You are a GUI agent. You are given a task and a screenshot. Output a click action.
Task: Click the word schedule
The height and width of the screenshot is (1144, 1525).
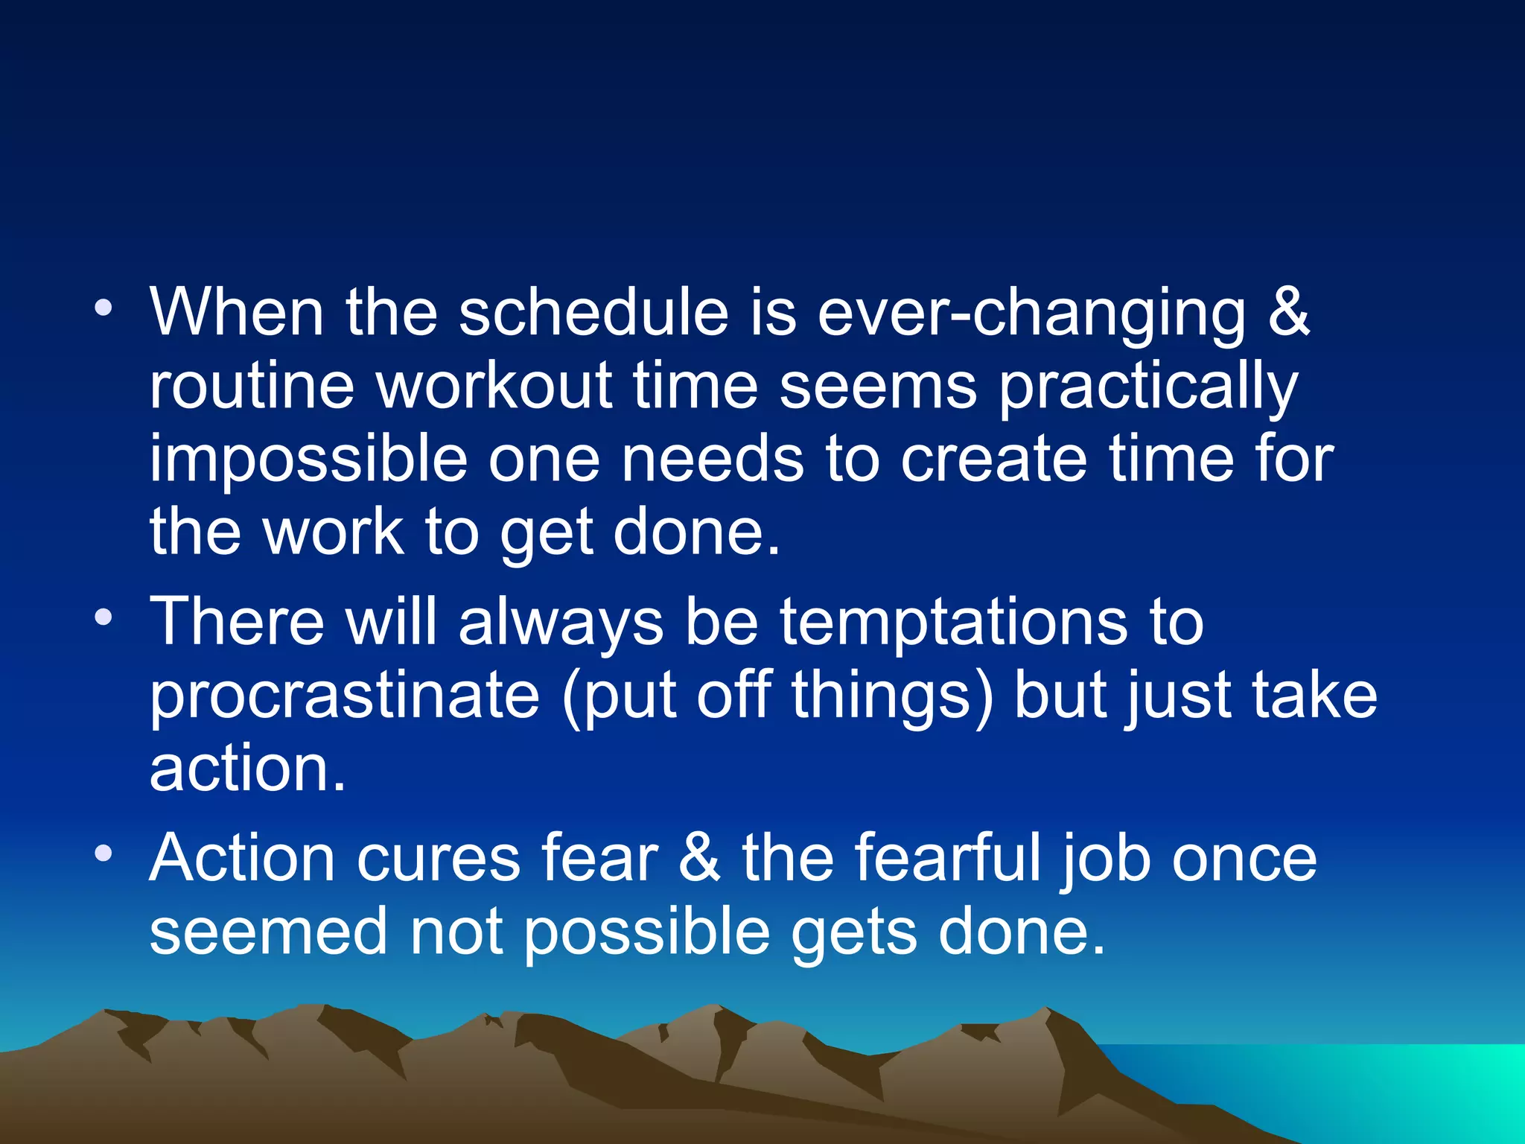(x=593, y=312)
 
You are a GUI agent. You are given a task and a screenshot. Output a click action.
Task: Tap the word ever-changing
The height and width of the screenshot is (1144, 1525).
(x=1031, y=314)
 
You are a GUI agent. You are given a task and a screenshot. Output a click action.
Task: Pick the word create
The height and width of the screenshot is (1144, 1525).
(x=993, y=459)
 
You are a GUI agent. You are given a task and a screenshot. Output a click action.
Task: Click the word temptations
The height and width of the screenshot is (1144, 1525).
(x=953, y=623)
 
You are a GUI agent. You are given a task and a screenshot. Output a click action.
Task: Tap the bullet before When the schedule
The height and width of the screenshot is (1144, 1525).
(x=104, y=307)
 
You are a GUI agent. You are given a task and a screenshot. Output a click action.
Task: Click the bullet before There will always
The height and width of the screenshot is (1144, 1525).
(x=104, y=617)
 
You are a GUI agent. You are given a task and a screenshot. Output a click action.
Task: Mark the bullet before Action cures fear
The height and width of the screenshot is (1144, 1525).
(x=104, y=853)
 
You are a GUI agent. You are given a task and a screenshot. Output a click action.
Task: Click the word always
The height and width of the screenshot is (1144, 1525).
(x=560, y=623)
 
